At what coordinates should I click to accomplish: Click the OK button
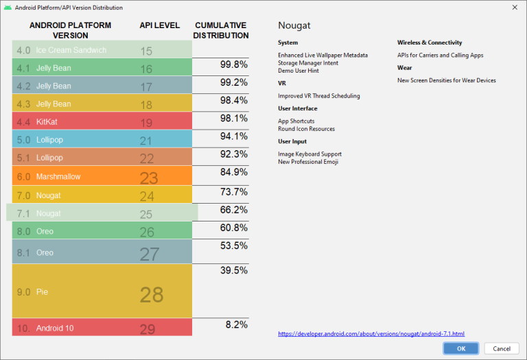pos(460,348)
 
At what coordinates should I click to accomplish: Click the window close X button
pos(515,8)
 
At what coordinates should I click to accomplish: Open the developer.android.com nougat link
pos(371,334)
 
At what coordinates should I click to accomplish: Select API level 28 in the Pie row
pos(152,294)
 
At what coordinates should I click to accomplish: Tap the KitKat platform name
pos(47,122)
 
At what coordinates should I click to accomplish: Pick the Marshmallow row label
pos(58,176)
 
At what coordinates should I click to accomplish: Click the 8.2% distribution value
pos(236,324)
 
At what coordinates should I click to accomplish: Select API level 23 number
pos(149,178)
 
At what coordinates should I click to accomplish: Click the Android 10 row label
pos(55,328)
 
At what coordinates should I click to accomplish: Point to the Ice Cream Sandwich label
pos(71,50)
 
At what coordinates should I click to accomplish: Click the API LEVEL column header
pos(159,25)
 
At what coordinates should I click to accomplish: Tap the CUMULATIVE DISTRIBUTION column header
pos(221,30)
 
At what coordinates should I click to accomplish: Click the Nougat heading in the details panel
pos(294,25)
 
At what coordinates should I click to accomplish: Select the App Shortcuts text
pos(296,121)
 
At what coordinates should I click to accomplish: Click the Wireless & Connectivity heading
pos(430,43)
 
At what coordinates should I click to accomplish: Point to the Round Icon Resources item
pos(306,129)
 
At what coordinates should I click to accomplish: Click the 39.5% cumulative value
pos(234,270)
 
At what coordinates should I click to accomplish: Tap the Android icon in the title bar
pos(8,8)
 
